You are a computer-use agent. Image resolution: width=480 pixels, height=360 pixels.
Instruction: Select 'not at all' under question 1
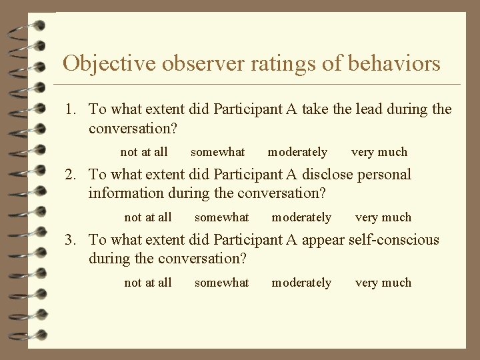[x=144, y=152]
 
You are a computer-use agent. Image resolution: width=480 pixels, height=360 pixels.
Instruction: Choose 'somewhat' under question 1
[x=217, y=152]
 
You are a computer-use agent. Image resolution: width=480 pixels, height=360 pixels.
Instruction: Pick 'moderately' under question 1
[x=297, y=152]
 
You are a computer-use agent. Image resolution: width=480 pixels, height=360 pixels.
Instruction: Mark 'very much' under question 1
[x=379, y=152]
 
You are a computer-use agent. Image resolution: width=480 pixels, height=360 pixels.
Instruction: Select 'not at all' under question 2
[x=148, y=217]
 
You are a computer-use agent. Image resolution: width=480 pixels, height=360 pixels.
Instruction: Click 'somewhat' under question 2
[x=221, y=217]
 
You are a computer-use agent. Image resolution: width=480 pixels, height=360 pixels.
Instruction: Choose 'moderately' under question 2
[x=301, y=217]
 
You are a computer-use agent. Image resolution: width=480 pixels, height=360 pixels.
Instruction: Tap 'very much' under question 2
[x=383, y=217]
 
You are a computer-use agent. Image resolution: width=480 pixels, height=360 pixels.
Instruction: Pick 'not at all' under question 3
[x=148, y=283]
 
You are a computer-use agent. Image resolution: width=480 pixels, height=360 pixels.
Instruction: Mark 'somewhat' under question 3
[x=221, y=283]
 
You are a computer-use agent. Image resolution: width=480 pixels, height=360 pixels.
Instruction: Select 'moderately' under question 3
[x=301, y=283]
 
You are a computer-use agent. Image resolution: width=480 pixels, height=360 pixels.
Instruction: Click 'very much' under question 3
[x=383, y=283]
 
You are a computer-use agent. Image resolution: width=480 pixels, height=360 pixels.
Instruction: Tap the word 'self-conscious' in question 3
[x=394, y=239]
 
